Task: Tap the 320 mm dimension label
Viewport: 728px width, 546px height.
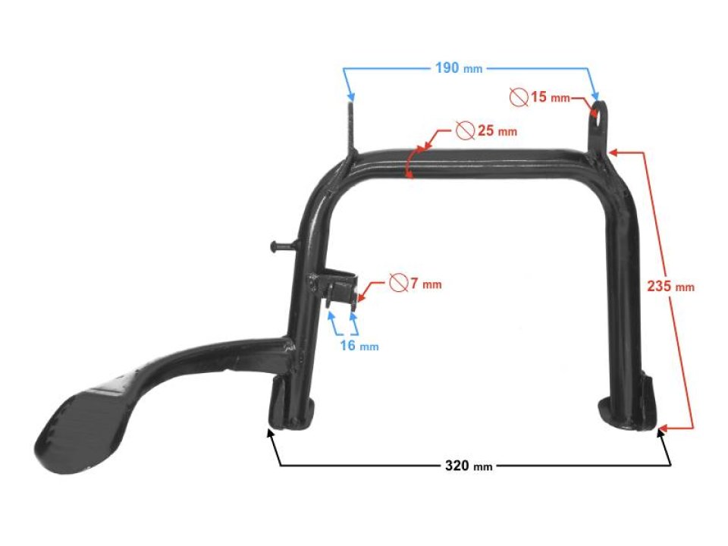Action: pos(469,465)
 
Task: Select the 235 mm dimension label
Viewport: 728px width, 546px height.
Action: pos(670,287)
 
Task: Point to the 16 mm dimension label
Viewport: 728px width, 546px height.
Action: pos(359,346)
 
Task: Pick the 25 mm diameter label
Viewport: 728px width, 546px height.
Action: pos(497,130)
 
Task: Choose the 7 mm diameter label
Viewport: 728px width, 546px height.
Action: pos(425,284)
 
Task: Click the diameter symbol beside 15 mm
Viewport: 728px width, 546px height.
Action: pos(519,96)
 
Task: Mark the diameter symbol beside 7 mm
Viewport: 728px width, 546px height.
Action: pos(398,283)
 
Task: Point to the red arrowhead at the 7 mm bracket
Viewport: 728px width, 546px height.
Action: pos(362,295)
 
